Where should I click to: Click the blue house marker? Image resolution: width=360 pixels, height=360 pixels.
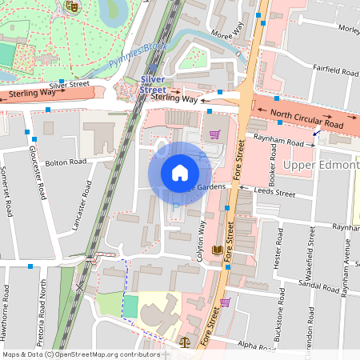(180, 173)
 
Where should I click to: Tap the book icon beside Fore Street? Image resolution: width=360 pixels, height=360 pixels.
(217, 250)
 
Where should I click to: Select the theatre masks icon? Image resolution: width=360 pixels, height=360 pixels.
(70, 6)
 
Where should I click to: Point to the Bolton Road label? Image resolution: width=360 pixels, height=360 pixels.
(66, 162)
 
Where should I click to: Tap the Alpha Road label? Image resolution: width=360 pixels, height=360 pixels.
(257, 346)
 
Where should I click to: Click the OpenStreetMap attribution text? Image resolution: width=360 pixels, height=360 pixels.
(80, 354)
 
